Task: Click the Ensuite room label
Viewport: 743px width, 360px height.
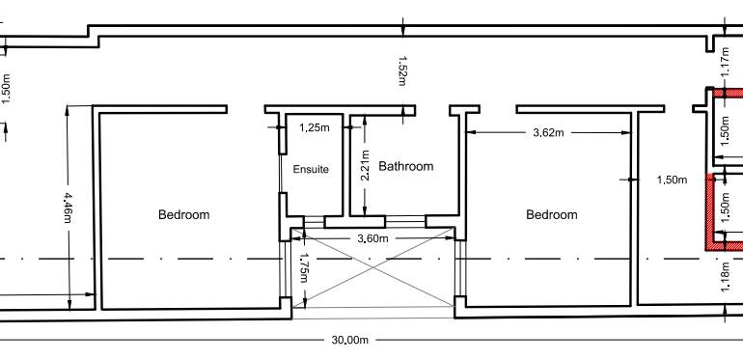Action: pyautogui.click(x=311, y=169)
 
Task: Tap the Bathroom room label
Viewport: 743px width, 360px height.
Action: pyautogui.click(x=405, y=166)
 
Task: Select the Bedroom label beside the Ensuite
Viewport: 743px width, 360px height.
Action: pyautogui.click(x=183, y=214)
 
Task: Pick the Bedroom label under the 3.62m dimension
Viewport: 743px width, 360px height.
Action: pyautogui.click(x=551, y=214)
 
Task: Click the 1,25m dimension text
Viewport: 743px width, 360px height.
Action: pyautogui.click(x=314, y=126)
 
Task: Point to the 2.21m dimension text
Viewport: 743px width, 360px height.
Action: pyautogui.click(x=365, y=167)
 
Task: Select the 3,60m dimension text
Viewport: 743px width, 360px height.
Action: pyautogui.click(x=372, y=238)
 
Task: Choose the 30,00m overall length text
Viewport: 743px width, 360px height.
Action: pyautogui.click(x=350, y=340)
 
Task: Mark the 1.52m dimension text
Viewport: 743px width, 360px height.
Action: pyautogui.click(x=402, y=70)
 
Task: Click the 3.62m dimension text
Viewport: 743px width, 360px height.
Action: pyautogui.click(x=551, y=132)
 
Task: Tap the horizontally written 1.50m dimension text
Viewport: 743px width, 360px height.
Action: pyautogui.click(x=672, y=180)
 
